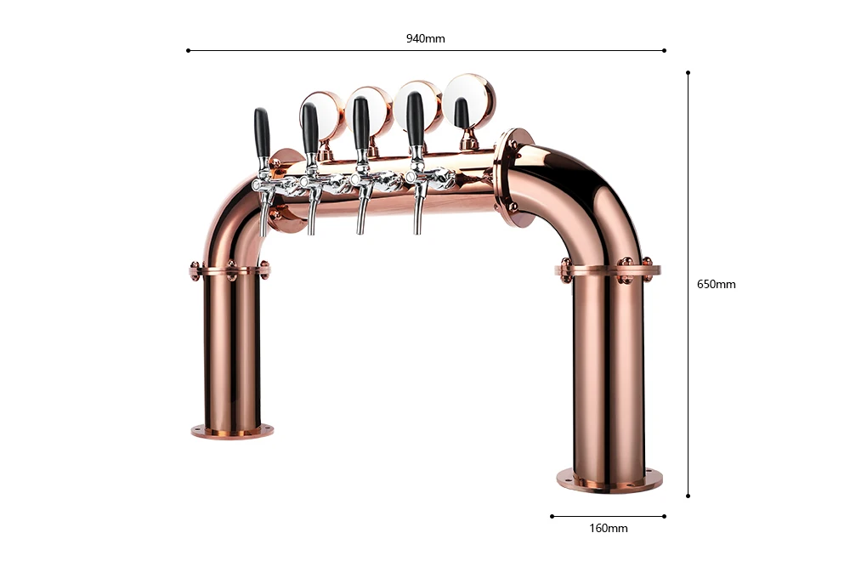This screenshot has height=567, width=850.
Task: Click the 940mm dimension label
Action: [x=425, y=38]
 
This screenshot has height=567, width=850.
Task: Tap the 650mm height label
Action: [x=716, y=284]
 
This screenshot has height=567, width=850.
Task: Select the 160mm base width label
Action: [x=608, y=528]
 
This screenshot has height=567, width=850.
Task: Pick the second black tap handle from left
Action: [x=310, y=128]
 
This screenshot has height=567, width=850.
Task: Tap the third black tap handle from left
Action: [x=361, y=122]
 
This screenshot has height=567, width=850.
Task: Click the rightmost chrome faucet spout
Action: [x=418, y=213]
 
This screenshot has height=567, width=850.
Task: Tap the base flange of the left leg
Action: [x=232, y=431]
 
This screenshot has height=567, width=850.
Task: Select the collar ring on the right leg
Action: [x=608, y=272]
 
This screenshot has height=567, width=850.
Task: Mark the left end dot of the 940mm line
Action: [x=188, y=50]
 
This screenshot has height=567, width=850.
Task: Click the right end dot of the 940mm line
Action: [x=664, y=50]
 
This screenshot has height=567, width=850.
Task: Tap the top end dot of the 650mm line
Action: [x=688, y=73]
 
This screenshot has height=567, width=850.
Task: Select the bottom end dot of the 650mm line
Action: [x=688, y=496]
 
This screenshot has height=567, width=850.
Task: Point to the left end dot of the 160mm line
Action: [x=552, y=515]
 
